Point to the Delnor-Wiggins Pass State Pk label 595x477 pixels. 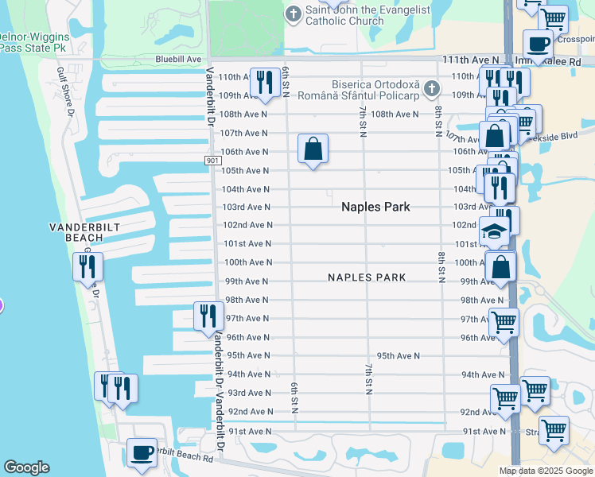pos(33,42)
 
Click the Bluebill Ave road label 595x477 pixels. pos(179,60)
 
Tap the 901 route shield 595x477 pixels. pos(212,161)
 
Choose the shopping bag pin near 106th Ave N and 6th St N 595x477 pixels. pos(313,148)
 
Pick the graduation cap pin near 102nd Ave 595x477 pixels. pos(495,232)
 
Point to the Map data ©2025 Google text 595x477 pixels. pos(546,470)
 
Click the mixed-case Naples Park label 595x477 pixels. pos(375,207)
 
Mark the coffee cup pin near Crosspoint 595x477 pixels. pos(538,45)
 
